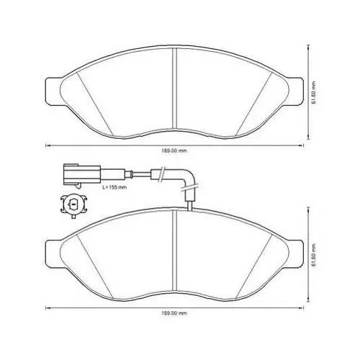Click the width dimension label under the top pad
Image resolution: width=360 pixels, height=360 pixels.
174,151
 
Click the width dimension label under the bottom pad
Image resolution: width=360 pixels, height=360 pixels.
174,313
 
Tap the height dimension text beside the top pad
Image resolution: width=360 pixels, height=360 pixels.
314,92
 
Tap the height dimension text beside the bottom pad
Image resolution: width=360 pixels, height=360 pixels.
314,255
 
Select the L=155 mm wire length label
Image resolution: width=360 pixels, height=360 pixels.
114,187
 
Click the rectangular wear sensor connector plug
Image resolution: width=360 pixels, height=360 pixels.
82,174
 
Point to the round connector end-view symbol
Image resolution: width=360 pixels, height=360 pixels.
73,206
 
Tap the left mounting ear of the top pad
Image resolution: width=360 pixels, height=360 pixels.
53,91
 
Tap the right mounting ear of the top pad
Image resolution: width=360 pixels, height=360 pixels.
295,91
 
